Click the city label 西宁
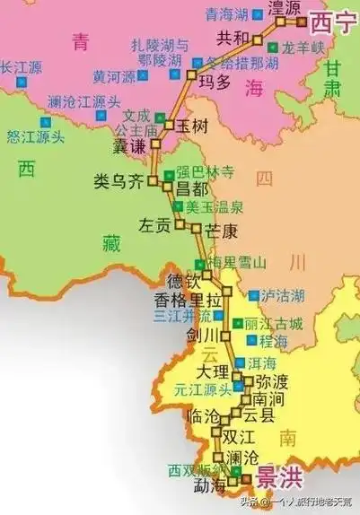[333, 22]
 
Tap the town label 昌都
[191, 189]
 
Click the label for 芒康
[221, 231]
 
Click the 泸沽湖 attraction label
[285, 295]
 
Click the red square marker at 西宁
[303, 20]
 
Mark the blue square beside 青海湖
[258, 13]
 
